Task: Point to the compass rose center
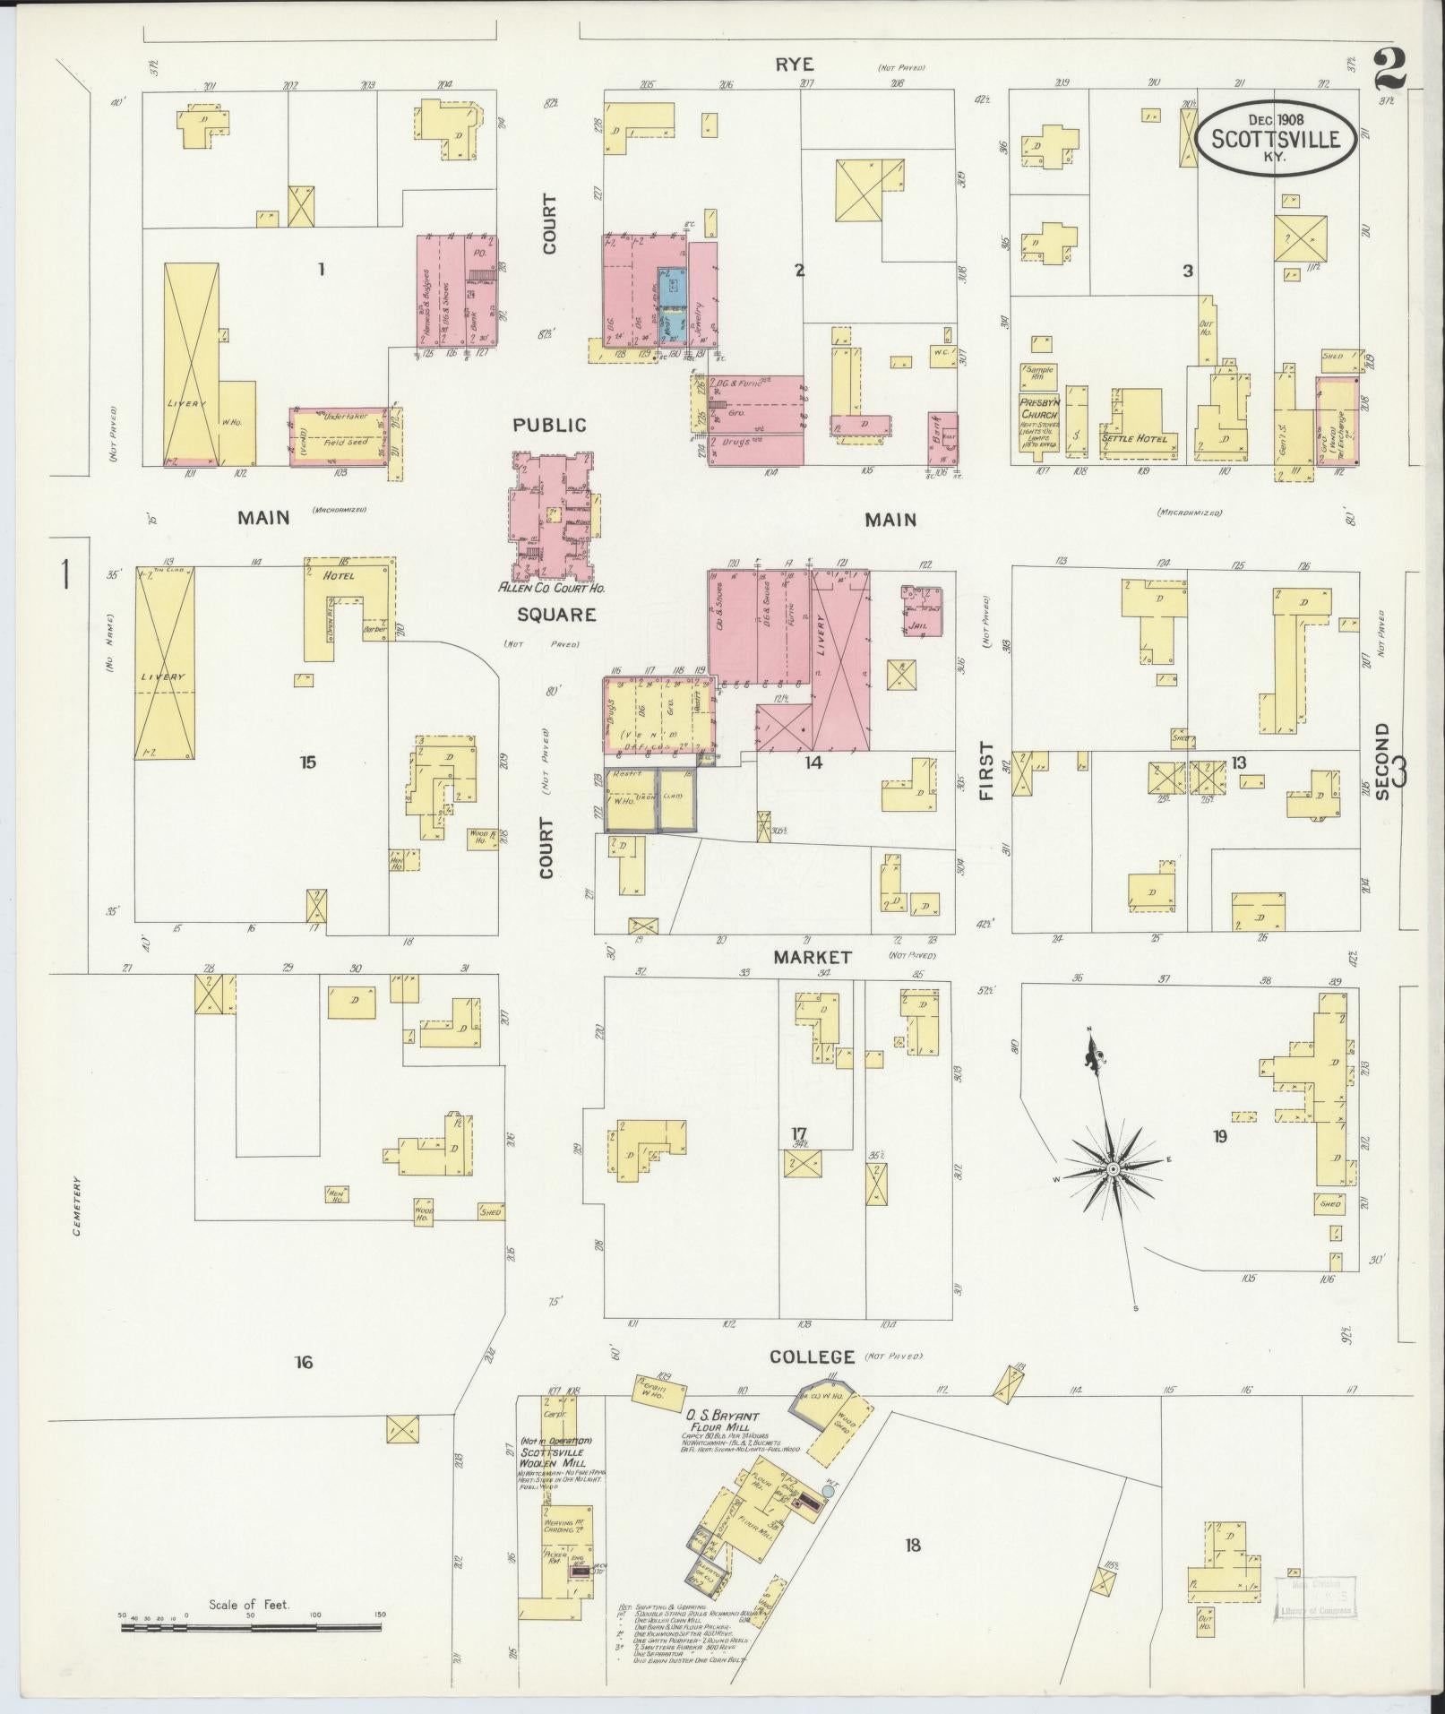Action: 1112,1170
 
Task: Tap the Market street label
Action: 813,957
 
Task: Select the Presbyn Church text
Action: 1039,409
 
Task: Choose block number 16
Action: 304,1362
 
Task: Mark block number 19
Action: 1219,1137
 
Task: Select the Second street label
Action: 1381,762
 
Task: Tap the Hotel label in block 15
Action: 340,575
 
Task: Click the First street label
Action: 986,771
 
